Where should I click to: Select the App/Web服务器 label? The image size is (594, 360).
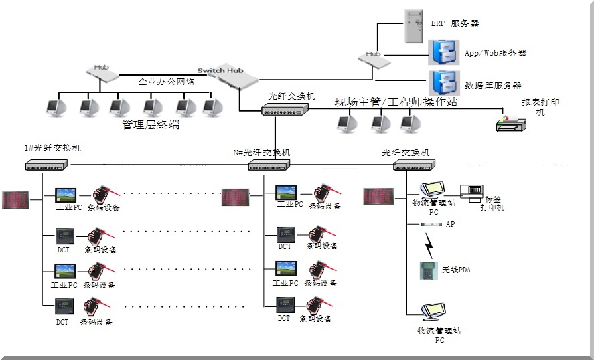[495, 52]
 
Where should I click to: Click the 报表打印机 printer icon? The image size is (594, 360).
[513, 122]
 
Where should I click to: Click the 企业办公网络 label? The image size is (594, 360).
[166, 82]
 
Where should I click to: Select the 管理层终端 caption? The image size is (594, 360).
[150, 124]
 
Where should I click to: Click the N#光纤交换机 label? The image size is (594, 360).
[262, 153]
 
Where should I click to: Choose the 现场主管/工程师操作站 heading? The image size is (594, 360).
[396, 102]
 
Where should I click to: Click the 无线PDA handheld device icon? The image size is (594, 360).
[426, 270]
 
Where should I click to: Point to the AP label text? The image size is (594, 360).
[450, 225]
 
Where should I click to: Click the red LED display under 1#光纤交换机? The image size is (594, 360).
[15, 199]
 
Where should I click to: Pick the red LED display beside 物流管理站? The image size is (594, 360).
[378, 197]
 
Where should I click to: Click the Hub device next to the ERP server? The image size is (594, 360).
[374, 58]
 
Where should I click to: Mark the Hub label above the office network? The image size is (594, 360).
[101, 67]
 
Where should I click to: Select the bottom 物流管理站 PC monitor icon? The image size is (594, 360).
[431, 313]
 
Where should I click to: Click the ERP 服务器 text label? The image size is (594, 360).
[455, 23]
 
